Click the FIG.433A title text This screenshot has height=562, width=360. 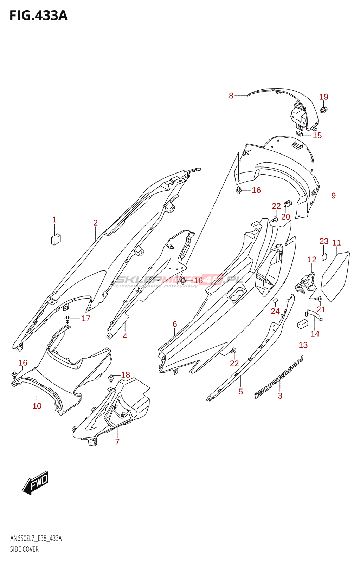click(x=38, y=16)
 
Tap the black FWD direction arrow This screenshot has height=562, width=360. click(x=36, y=483)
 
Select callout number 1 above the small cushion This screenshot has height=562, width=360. click(x=54, y=220)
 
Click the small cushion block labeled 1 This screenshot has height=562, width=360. click(x=56, y=239)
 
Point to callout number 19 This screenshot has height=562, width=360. click(x=324, y=97)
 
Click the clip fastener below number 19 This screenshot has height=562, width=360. click(x=324, y=110)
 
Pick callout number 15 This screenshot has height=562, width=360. click(x=317, y=136)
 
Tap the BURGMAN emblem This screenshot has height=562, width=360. click(x=279, y=378)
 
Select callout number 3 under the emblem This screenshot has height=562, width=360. click(x=280, y=396)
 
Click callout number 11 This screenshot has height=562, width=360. click(x=337, y=243)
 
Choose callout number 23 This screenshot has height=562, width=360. click(x=324, y=241)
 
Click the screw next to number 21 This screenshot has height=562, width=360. click(x=319, y=299)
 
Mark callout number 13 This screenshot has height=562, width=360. click(x=303, y=345)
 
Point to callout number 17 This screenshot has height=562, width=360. click(x=86, y=319)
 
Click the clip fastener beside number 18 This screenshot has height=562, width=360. click(x=111, y=378)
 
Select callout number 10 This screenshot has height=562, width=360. click(x=37, y=406)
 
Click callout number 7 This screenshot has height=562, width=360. click(x=117, y=442)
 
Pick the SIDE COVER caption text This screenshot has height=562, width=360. click(x=24, y=549)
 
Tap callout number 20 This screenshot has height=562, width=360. click(x=286, y=217)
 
